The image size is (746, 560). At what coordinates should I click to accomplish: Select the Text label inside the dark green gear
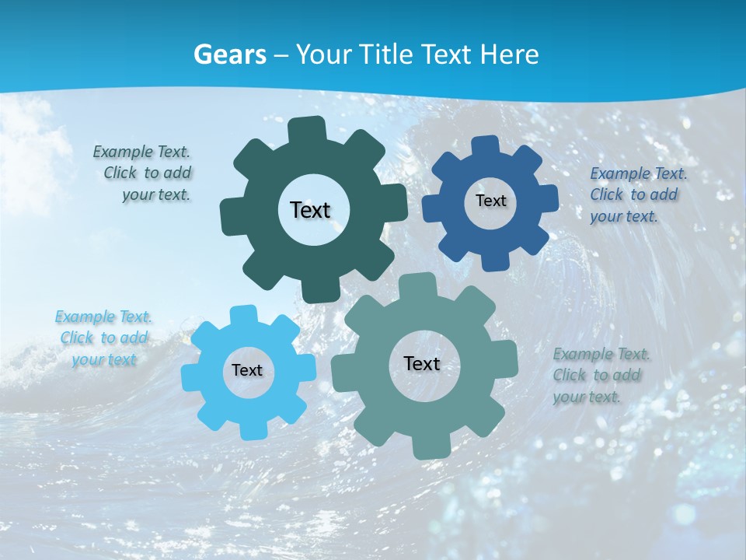tap(310, 210)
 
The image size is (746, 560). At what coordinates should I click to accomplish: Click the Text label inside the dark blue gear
tap(490, 201)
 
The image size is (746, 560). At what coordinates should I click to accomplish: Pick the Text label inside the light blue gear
tap(247, 371)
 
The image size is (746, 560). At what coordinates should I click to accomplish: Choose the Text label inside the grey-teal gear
tap(422, 363)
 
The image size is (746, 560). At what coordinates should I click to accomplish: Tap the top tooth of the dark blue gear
tap(486, 145)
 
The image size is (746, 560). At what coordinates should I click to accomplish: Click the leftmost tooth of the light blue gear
tap(190, 376)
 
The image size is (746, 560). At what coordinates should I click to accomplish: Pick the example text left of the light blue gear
tap(103, 338)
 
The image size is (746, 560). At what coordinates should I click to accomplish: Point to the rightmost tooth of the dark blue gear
tap(549, 198)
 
